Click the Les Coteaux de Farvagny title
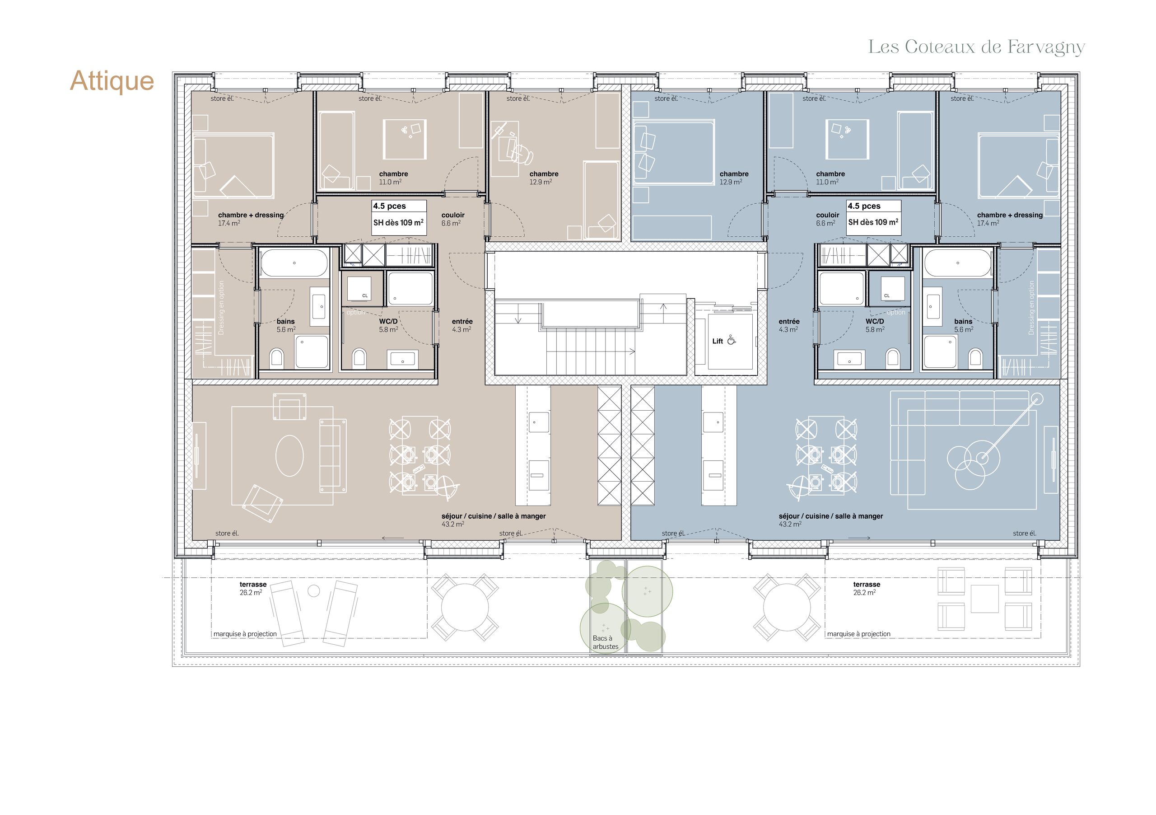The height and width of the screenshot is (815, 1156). [976, 47]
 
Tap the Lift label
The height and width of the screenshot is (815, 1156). [718, 341]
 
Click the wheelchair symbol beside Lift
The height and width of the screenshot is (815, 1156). [731, 341]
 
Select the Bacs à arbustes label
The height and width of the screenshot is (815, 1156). [605, 642]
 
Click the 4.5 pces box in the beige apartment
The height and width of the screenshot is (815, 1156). [399, 217]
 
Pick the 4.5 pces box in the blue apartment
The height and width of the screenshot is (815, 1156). [873, 217]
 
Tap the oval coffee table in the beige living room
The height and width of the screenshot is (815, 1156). [289, 455]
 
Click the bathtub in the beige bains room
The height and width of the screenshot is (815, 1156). [294, 263]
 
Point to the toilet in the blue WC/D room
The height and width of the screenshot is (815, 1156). [892, 357]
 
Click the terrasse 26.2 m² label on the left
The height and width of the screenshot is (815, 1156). [252, 588]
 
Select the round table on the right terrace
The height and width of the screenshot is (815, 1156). [787, 608]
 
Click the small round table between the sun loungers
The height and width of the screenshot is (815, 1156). [314, 591]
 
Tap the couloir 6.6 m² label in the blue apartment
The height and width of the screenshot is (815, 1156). [827, 219]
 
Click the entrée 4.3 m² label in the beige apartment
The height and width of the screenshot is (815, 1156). [461, 325]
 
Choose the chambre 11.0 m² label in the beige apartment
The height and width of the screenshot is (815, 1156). [393, 177]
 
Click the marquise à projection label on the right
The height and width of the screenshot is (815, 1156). [858, 634]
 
